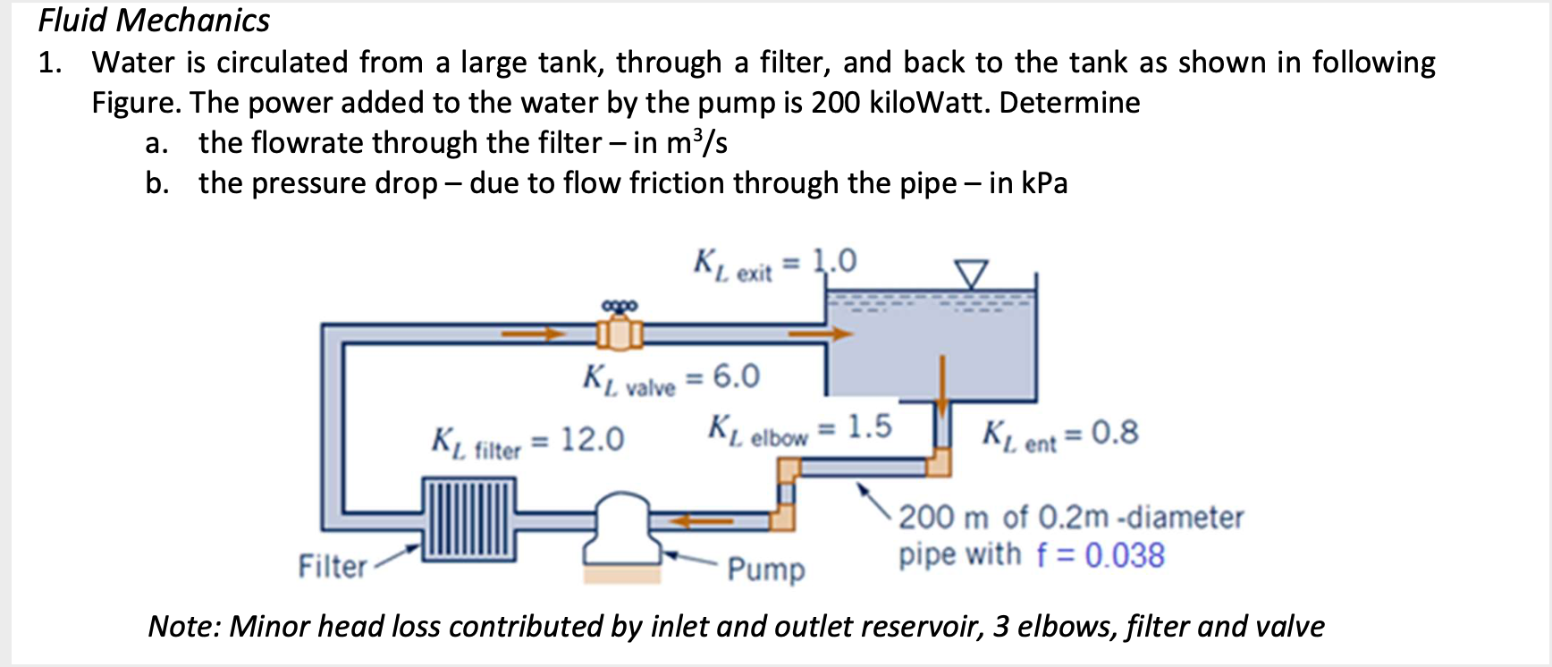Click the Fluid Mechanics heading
click(154, 21)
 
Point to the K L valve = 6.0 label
click(671, 379)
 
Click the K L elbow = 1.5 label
click(799, 429)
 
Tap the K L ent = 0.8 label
click(1060, 435)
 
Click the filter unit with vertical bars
click(469, 519)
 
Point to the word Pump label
click(766, 569)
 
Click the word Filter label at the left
click(333, 566)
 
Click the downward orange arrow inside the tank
click(940, 384)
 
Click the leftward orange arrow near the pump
click(703, 519)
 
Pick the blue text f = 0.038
click(1101, 556)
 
